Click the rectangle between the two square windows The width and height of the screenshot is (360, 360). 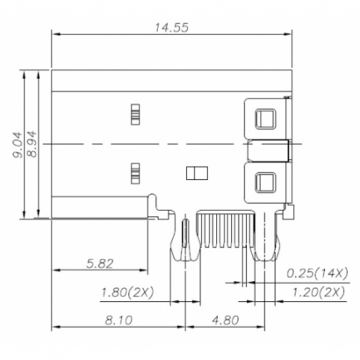click(269, 150)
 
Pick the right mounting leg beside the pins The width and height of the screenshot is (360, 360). click(263, 237)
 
